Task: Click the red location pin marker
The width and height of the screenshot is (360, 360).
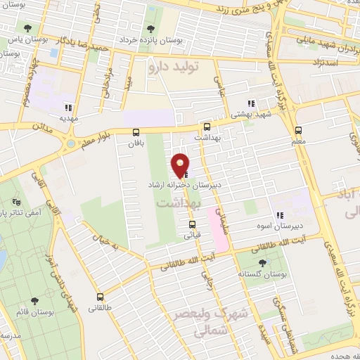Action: coord(181,165)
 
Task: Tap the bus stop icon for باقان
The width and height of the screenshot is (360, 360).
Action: coord(136,131)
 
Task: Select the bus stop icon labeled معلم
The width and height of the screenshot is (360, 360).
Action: coord(298,130)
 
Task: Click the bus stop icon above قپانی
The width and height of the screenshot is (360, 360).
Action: coord(192,225)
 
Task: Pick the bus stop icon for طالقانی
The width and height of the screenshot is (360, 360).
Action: coord(100,297)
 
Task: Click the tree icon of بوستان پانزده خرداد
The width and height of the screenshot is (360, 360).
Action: coord(150,29)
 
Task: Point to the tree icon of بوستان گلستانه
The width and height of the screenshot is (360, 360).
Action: coord(262,263)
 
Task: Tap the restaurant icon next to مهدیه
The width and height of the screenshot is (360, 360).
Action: coord(68,108)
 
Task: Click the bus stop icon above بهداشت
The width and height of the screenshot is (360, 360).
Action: coord(207,127)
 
